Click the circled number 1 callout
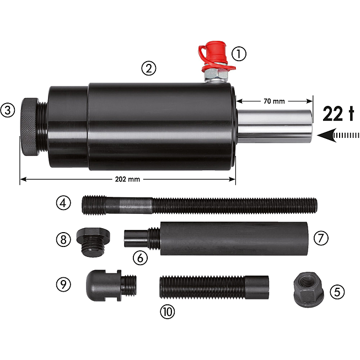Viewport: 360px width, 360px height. click(239, 54)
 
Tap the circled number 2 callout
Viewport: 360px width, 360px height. click(148, 68)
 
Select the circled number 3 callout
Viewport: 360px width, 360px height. click(8, 110)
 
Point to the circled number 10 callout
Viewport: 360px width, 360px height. click(167, 311)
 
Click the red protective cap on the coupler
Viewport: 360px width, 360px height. click(214, 55)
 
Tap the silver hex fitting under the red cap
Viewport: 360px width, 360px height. click(216, 76)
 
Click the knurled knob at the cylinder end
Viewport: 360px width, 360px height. click(30, 127)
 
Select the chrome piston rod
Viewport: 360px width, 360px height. click(275, 126)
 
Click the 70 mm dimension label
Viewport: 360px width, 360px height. click(274, 101)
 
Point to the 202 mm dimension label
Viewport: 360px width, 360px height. click(127, 179)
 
